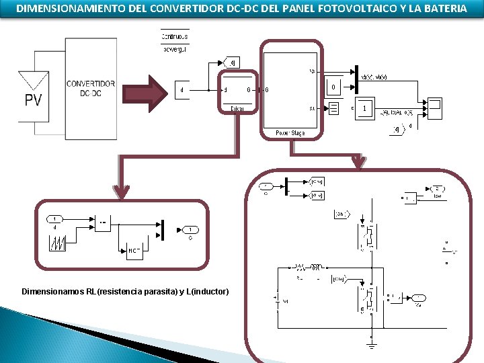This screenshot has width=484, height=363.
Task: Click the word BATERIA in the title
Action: point(442,9)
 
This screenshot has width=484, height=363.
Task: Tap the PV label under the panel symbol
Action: point(33,100)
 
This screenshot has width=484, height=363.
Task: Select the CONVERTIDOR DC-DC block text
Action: point(90,89)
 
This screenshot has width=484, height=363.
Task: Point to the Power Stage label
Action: point(290,133)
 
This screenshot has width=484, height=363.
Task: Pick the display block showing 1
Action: point(364,108)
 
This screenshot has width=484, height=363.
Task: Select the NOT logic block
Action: point(134,251)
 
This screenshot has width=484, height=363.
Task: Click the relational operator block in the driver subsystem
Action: point(103,223)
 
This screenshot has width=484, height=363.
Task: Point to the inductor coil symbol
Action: point(317,266)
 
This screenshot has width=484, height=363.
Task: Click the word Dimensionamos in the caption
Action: point(50,291)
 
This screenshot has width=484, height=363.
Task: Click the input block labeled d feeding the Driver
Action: point(183,89)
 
